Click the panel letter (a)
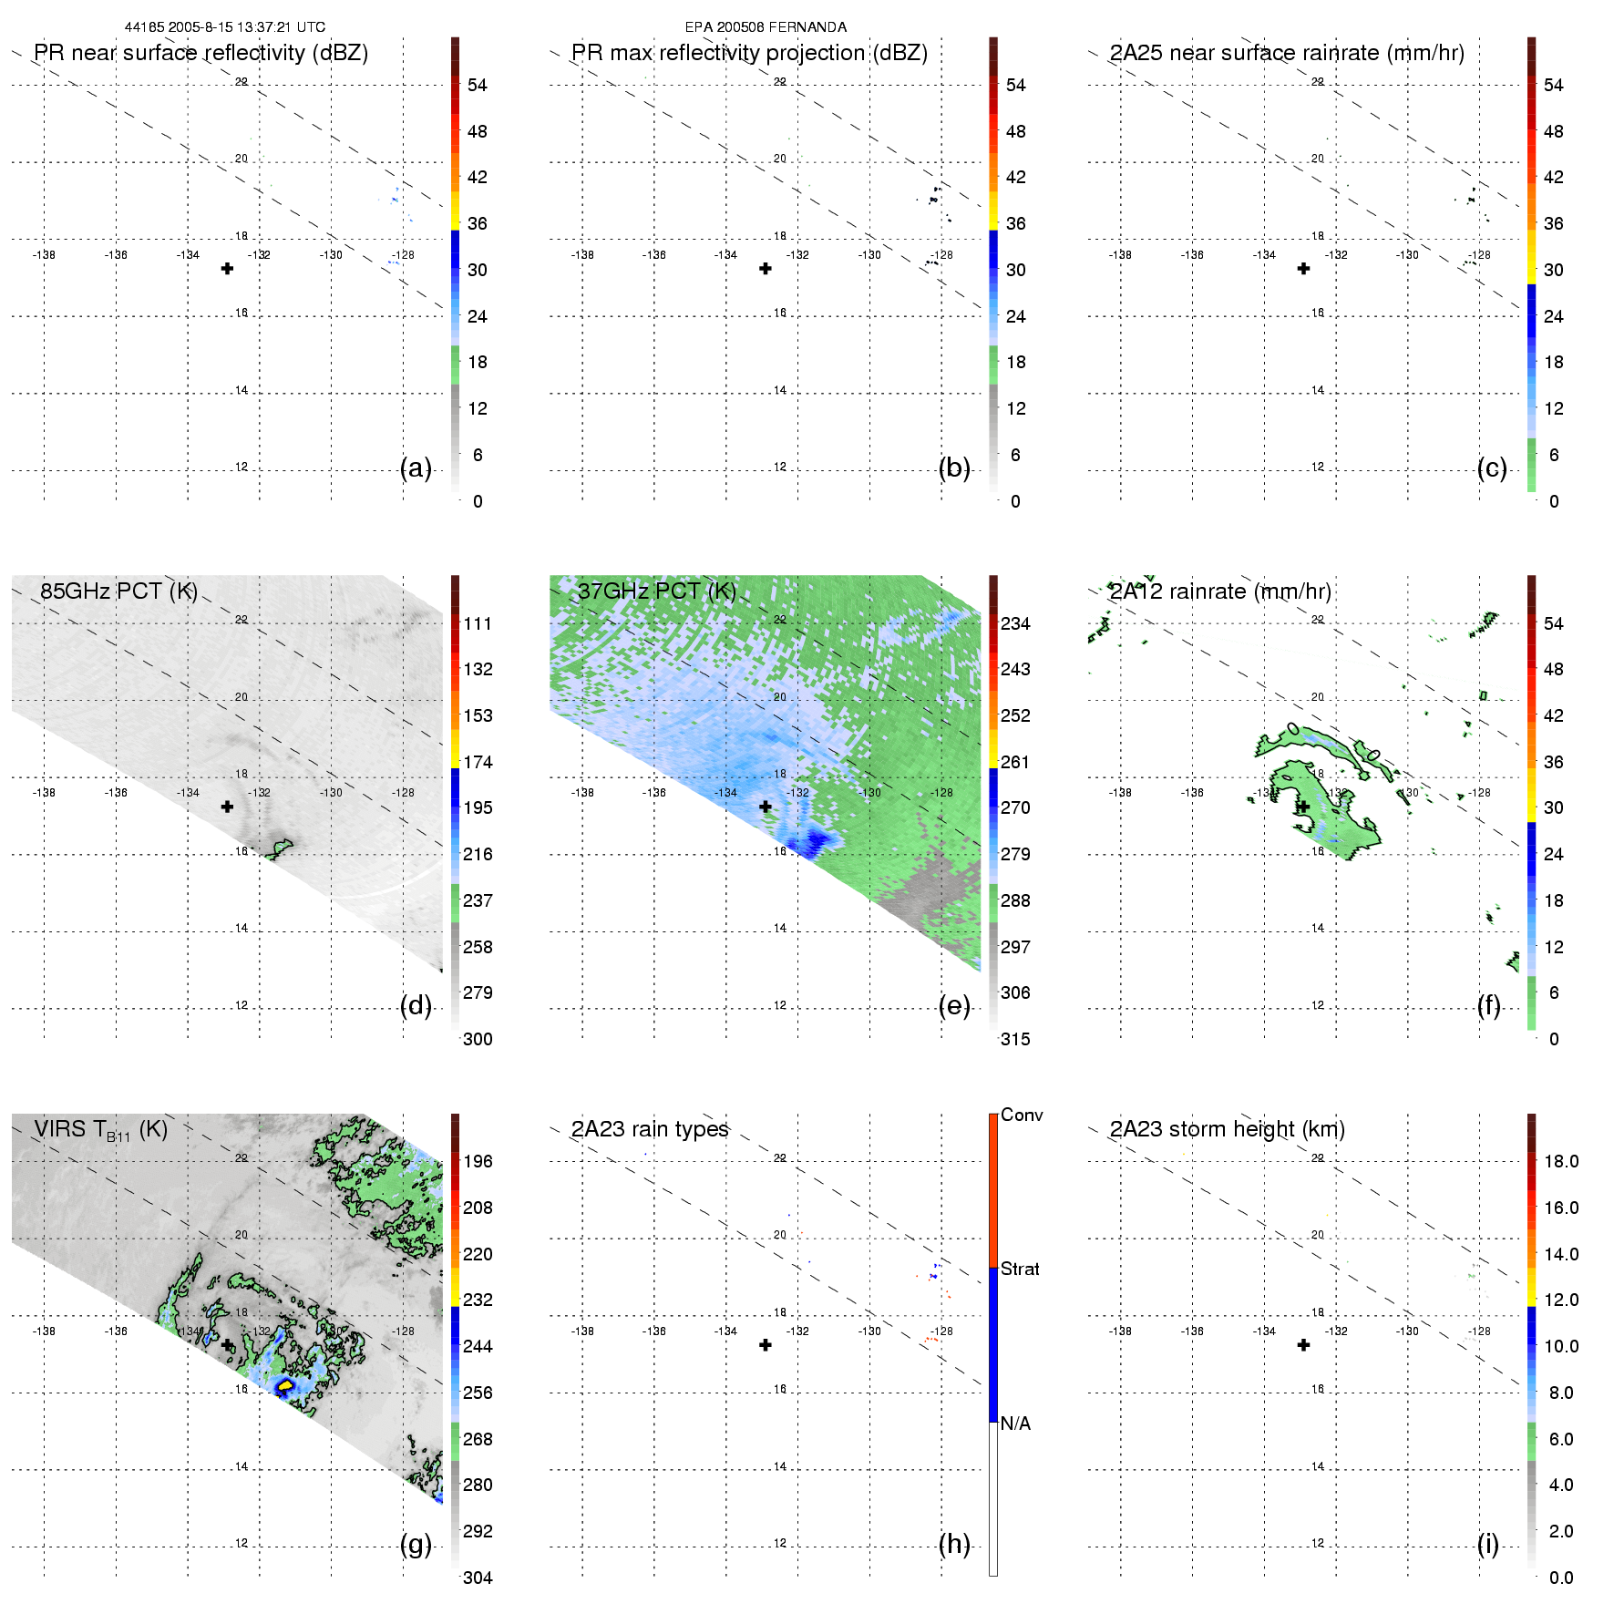(416, 468)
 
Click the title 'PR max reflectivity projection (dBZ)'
(749, 53)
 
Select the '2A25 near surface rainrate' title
(1286, 53)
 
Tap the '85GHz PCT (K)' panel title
(118, 591)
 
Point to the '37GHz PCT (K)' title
(657, 591)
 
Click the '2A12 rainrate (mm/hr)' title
(1219, 591)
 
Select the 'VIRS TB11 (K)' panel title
(100, 1130)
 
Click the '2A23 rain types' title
(650, 1130)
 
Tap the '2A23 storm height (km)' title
(1227, 1130)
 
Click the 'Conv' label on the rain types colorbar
(1022, 1115)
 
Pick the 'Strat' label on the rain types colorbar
(1020, 1270)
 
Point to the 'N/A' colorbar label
(1015, 1424)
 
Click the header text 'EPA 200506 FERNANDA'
(766, 27)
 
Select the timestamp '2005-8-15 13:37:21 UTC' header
(246, 27)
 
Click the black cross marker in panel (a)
(227, 269)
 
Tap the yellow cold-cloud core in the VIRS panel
(285, 1385)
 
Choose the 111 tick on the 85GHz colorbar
(478, 624)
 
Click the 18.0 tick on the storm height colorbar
(1561, 1162)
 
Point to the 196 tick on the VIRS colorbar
(478, 1162)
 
